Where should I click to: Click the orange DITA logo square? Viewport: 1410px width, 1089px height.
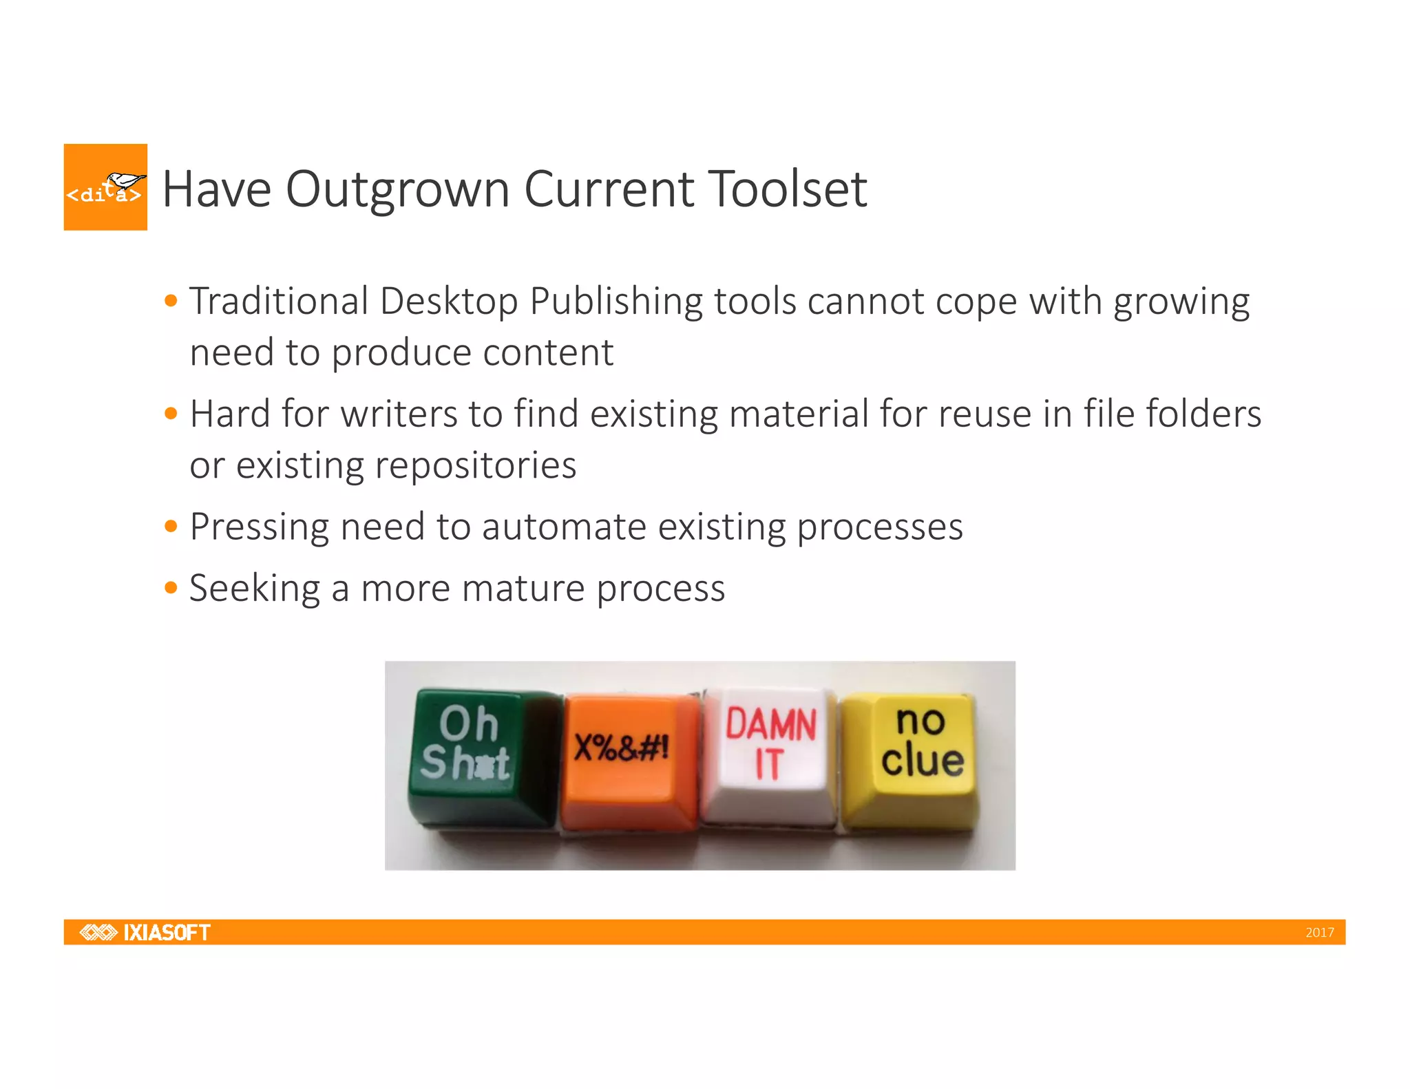coord(105,187)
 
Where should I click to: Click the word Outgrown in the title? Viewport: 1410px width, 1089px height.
coord(397,190)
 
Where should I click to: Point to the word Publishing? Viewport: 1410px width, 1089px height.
coord(615,303)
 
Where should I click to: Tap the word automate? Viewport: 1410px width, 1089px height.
coord(564,527)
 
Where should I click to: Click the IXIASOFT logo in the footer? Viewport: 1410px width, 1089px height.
coord(145,932)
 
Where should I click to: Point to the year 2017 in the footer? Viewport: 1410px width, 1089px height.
coord(1319,933)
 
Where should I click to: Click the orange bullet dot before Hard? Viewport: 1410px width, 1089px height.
coord(171,414)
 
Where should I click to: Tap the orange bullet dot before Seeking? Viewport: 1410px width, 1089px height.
coord(171,588)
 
